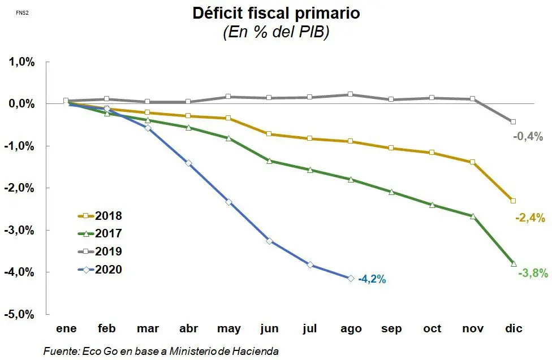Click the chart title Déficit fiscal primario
coord(277,13)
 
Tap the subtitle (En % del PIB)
coord(277,33)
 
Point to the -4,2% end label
coord(372,279)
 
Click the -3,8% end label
coord(533,273)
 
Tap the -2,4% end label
coord(530,217)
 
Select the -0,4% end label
coord(528,136)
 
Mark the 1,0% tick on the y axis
coord(21,62)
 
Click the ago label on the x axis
coord(351,329)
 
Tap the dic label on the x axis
coord(514,329)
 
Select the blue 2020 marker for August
coord(351,278)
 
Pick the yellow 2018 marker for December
coord(513,201)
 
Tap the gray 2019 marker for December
coord(513,122)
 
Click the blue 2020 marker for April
coord(188,163)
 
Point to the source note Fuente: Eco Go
coord(161,351)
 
